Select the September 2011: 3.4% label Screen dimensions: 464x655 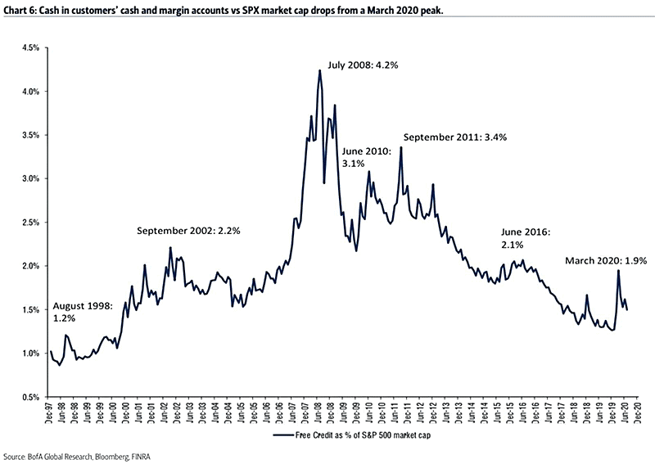454,137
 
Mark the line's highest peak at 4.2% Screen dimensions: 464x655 319,70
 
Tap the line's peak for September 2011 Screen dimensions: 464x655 400,148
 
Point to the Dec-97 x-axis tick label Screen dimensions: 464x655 52,414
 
